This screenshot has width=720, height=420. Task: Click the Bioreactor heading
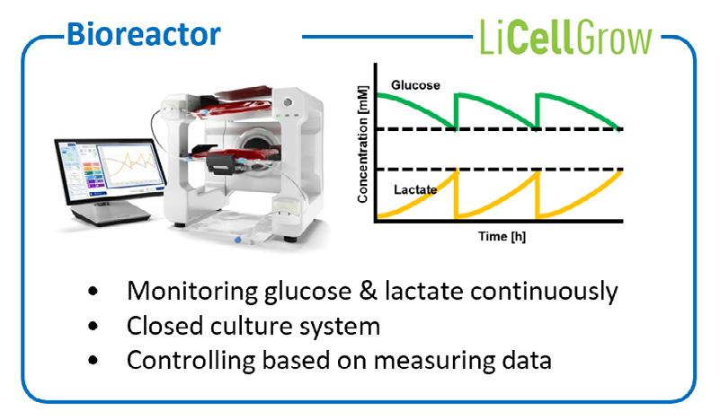(x=143, y=35)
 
